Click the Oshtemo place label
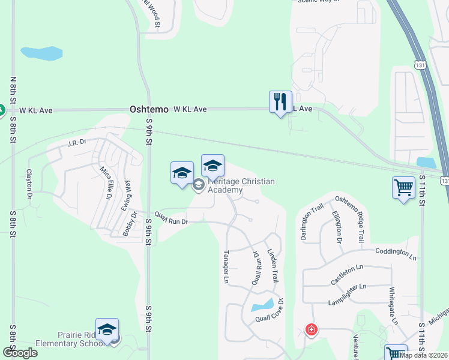click(x=149, y=110)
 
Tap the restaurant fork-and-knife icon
click(x=280, y=102)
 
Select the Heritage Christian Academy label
click(x=241, y=185)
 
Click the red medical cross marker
click(x=311, y=329)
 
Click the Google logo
click(x=20, y=353)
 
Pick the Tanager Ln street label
click(x=227, y=266)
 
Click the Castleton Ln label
click(x=348, y=277)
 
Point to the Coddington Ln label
click(x=395, y=254)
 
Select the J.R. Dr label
click(x=77, y=143)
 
